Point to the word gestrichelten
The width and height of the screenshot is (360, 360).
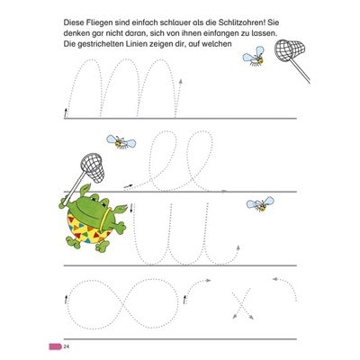pos(102,44)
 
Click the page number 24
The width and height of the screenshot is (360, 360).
pos(67,346)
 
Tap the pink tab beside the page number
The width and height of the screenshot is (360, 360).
pos(56,346)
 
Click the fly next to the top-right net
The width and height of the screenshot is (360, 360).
pos(255,56)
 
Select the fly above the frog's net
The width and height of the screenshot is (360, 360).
pos(121,141)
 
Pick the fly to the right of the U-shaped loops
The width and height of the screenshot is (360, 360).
pos(260,204)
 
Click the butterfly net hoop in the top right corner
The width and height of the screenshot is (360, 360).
pos(290,49)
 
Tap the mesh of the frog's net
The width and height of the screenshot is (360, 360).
pos(94,168)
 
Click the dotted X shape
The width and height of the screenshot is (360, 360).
pos(242,304)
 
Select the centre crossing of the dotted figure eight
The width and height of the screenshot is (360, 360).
pos(123,304)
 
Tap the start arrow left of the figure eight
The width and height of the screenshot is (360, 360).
pos(66,300)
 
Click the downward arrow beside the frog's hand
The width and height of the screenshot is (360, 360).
pos(131,208)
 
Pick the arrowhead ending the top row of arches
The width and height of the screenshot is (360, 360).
pos(181,80)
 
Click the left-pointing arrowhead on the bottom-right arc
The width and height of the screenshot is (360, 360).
pos(274,280)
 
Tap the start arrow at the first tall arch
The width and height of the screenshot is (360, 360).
pos(65,113)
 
